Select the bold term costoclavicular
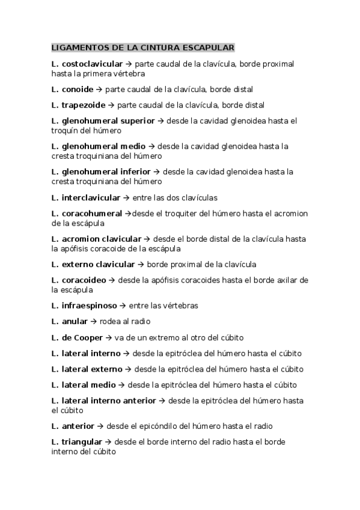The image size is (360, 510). (x=93, y=64)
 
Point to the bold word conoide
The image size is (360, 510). (x=78, y=90)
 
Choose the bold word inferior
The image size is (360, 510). (x=132, y=172)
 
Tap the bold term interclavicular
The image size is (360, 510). (x=91, y=197)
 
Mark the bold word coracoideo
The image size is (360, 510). (x=84, y=280)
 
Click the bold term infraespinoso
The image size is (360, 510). (x=89, y=306)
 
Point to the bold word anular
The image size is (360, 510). (x=75, y=321)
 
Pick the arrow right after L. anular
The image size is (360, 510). (x=93, y=321)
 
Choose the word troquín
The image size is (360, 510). (x=66, y=131)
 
